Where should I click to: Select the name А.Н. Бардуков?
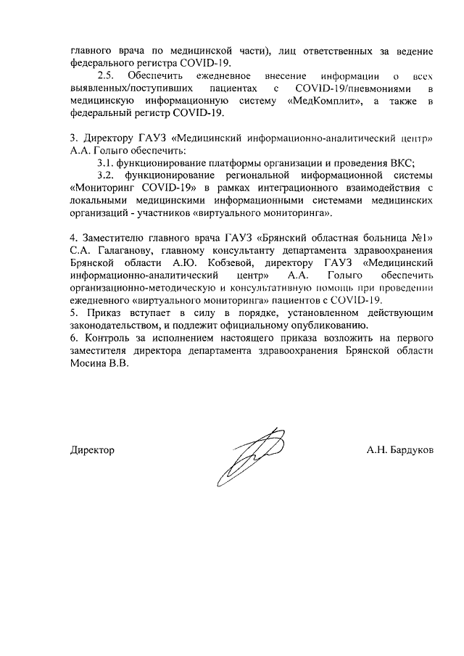point(400,450)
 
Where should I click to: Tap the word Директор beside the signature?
point(92,450)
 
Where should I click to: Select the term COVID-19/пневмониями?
point(348,89)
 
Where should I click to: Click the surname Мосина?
point(90,365)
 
